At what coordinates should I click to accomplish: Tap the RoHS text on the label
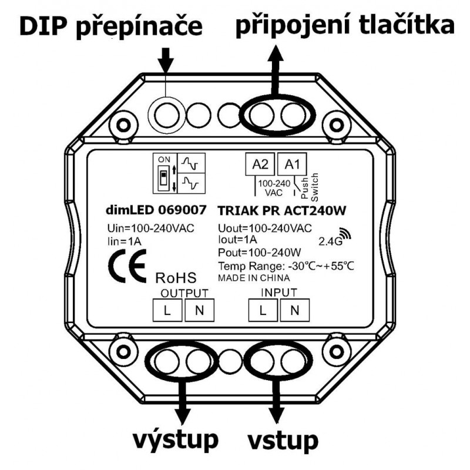click(x=176, y=277)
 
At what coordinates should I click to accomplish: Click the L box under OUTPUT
click(x=167, y=310)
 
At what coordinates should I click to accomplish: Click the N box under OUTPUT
click(x=197, y=310)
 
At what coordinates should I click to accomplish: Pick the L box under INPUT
click(x=263, y=310)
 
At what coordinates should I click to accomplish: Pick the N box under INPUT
click(x=293, y=310)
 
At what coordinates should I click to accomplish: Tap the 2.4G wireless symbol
click(x=333, y=238)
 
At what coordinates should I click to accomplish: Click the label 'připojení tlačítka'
click(x=345, y=26)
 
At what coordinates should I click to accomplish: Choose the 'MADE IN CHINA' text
click(x=253, y=278)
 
